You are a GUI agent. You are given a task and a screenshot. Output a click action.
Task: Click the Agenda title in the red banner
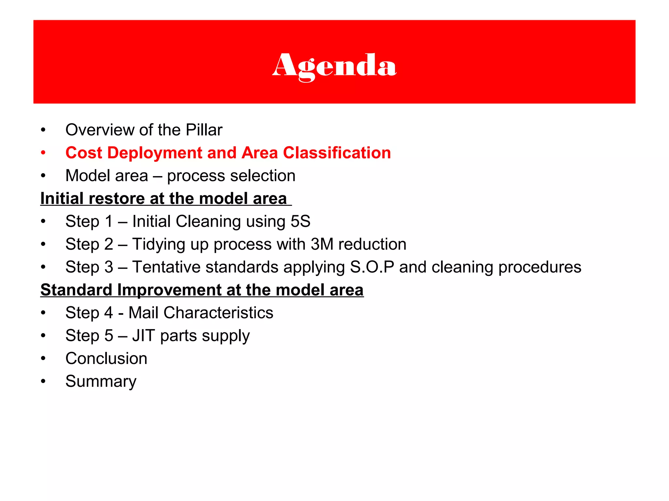(x=334, y=66)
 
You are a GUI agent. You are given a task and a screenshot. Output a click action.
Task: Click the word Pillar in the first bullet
(x=204, y=130)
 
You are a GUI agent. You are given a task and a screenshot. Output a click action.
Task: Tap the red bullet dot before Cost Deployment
(x=43, y=153)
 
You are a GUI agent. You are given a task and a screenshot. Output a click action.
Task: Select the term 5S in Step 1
(x=300, y=221)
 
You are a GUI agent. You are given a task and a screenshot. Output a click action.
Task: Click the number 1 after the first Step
(x=109, y=221)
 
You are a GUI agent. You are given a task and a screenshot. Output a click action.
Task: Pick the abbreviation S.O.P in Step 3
(x=372, y=267)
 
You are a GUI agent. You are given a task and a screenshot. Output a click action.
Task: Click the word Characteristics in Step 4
(x=218, y=313)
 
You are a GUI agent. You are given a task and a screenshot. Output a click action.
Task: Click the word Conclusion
(x=106, y=358)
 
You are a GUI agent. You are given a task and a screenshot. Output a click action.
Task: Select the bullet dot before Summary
(x=43, y=381)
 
